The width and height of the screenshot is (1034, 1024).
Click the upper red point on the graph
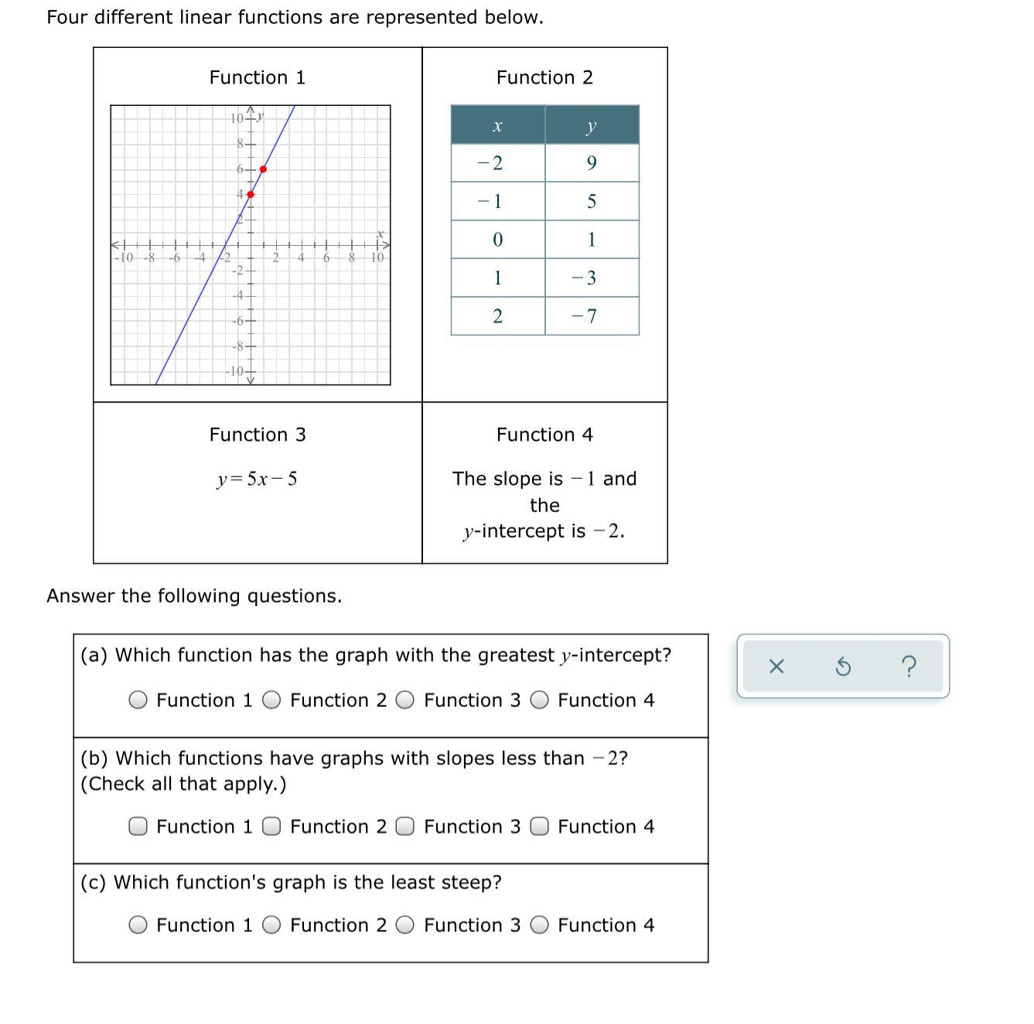click(x=264, y=169)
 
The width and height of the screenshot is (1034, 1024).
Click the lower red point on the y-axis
click(x=251, y=194)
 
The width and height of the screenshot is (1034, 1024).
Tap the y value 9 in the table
click(x=592, y=163)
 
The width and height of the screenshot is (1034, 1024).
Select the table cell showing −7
click(x=592, y=316)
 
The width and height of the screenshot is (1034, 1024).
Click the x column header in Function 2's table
click(x=498, y=125)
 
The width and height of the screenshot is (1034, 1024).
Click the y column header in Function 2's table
click(x=592, y=125)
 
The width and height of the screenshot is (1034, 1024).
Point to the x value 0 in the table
click(x=498, y=240)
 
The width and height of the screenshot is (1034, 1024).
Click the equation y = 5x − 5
click(x=257, y=480)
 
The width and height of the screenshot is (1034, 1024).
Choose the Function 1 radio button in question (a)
click(x=138, y=701)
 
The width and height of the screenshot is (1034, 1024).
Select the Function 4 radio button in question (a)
click(x=540, y=701)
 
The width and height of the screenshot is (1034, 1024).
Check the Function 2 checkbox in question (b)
click(x=271, y=827)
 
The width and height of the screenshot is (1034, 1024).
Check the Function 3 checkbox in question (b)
click(x=405, y=827)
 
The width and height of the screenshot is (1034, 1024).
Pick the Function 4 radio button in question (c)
click(x=540, y=926)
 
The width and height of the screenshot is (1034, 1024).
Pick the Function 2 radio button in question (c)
click(x=271, y=926)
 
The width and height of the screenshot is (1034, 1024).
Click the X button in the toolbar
click(x=776, y=666)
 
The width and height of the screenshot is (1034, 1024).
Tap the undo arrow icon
click(x=844, y=666)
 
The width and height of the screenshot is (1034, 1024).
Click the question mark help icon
click(x=909, y=666)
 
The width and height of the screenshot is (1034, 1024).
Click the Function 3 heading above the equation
click(x=258, y=435)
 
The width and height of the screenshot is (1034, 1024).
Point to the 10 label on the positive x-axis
click(x=377, y=258)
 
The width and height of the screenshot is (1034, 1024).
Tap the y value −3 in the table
click(x=592, y=278)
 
